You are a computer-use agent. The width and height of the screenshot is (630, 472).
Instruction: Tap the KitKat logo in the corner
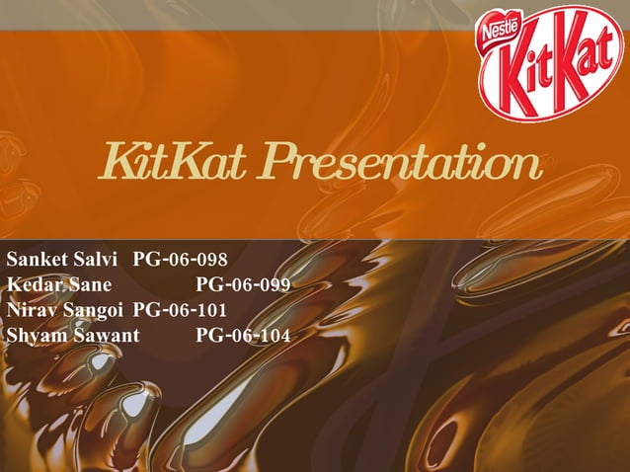pos(551,62)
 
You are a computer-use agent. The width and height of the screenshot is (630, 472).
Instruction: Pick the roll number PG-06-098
pos(180,261)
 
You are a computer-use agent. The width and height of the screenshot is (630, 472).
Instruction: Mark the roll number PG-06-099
pos(243,285)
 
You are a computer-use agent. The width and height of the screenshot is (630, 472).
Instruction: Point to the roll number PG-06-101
pos(180,310)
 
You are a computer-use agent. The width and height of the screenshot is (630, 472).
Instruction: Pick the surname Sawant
pos(105,335)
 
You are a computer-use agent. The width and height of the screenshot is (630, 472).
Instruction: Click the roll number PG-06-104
pos(243,335)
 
